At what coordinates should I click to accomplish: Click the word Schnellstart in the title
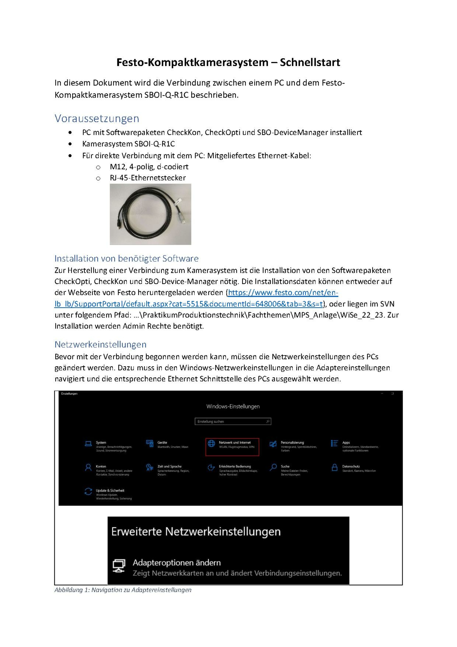coord(310,62)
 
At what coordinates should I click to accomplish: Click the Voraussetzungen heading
coord(97,118)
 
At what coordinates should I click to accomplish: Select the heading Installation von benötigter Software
coord(127,258)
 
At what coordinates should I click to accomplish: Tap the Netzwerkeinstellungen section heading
coord(101,344)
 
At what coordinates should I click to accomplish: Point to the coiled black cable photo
coord(150,214)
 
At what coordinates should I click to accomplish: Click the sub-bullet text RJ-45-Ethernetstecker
coord(148,178)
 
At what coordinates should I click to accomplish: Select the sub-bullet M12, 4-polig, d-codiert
coord(149,167)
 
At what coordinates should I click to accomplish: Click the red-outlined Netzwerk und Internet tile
coord(232,447)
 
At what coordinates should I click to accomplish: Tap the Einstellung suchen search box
coord(233,421)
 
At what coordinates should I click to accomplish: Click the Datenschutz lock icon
coord(335,468)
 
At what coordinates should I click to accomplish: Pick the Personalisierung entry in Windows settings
coord(292,443)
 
